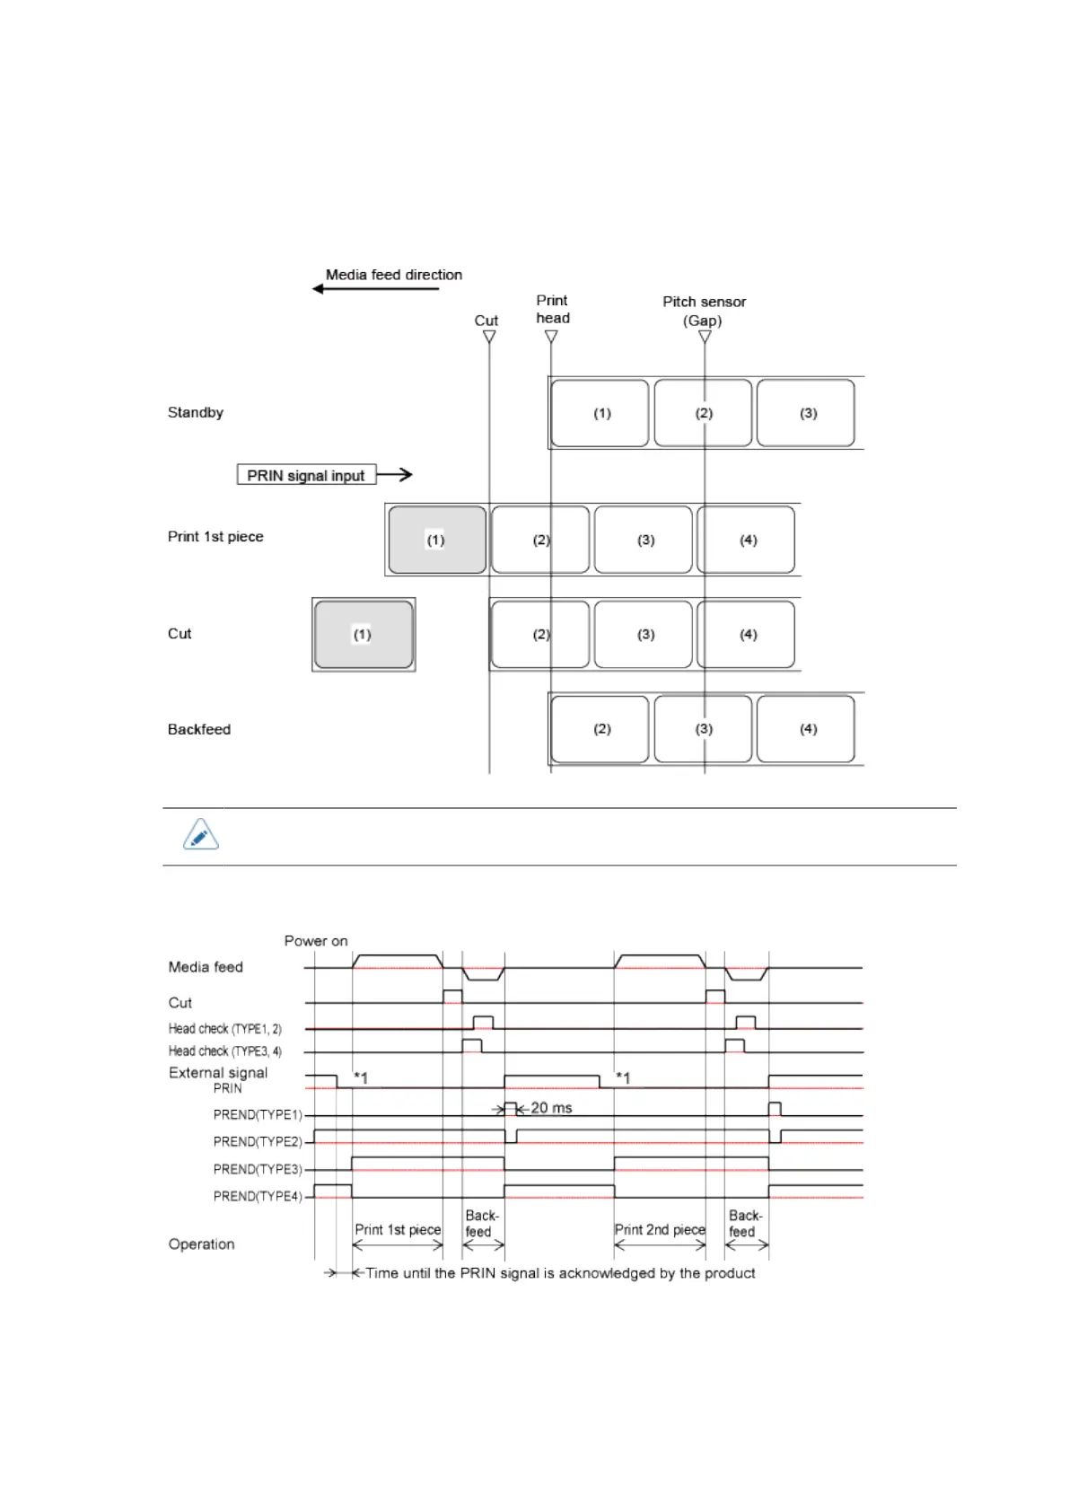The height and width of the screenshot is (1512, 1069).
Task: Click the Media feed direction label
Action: pos(393,275)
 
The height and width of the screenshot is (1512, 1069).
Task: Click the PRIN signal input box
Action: pos(306,475)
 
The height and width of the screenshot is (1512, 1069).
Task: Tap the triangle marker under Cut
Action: pos(489,337)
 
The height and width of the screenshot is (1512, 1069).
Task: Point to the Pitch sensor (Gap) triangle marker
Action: pos(705,337)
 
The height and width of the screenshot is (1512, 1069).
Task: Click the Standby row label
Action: pos(196,412)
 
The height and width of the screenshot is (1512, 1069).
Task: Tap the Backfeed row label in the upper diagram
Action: pos(199,729)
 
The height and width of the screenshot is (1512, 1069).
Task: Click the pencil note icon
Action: pos(201,835)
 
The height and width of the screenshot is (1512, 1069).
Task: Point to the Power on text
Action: pos(316,941)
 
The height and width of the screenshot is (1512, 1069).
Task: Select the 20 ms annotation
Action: pos(550,1108)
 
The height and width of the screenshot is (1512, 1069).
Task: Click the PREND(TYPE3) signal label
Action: pos(258,1169)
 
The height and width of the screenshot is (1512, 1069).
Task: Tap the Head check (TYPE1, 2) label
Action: pos(225,1029)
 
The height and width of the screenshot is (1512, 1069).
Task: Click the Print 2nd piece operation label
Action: pos(660,1229)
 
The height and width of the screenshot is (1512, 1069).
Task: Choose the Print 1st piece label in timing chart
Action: pos(398,1229)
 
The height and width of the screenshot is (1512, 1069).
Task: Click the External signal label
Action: pos(218,1073)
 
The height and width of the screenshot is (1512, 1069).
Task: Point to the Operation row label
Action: pos(202,1244)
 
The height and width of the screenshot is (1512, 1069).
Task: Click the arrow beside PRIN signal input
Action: pos(395,474)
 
